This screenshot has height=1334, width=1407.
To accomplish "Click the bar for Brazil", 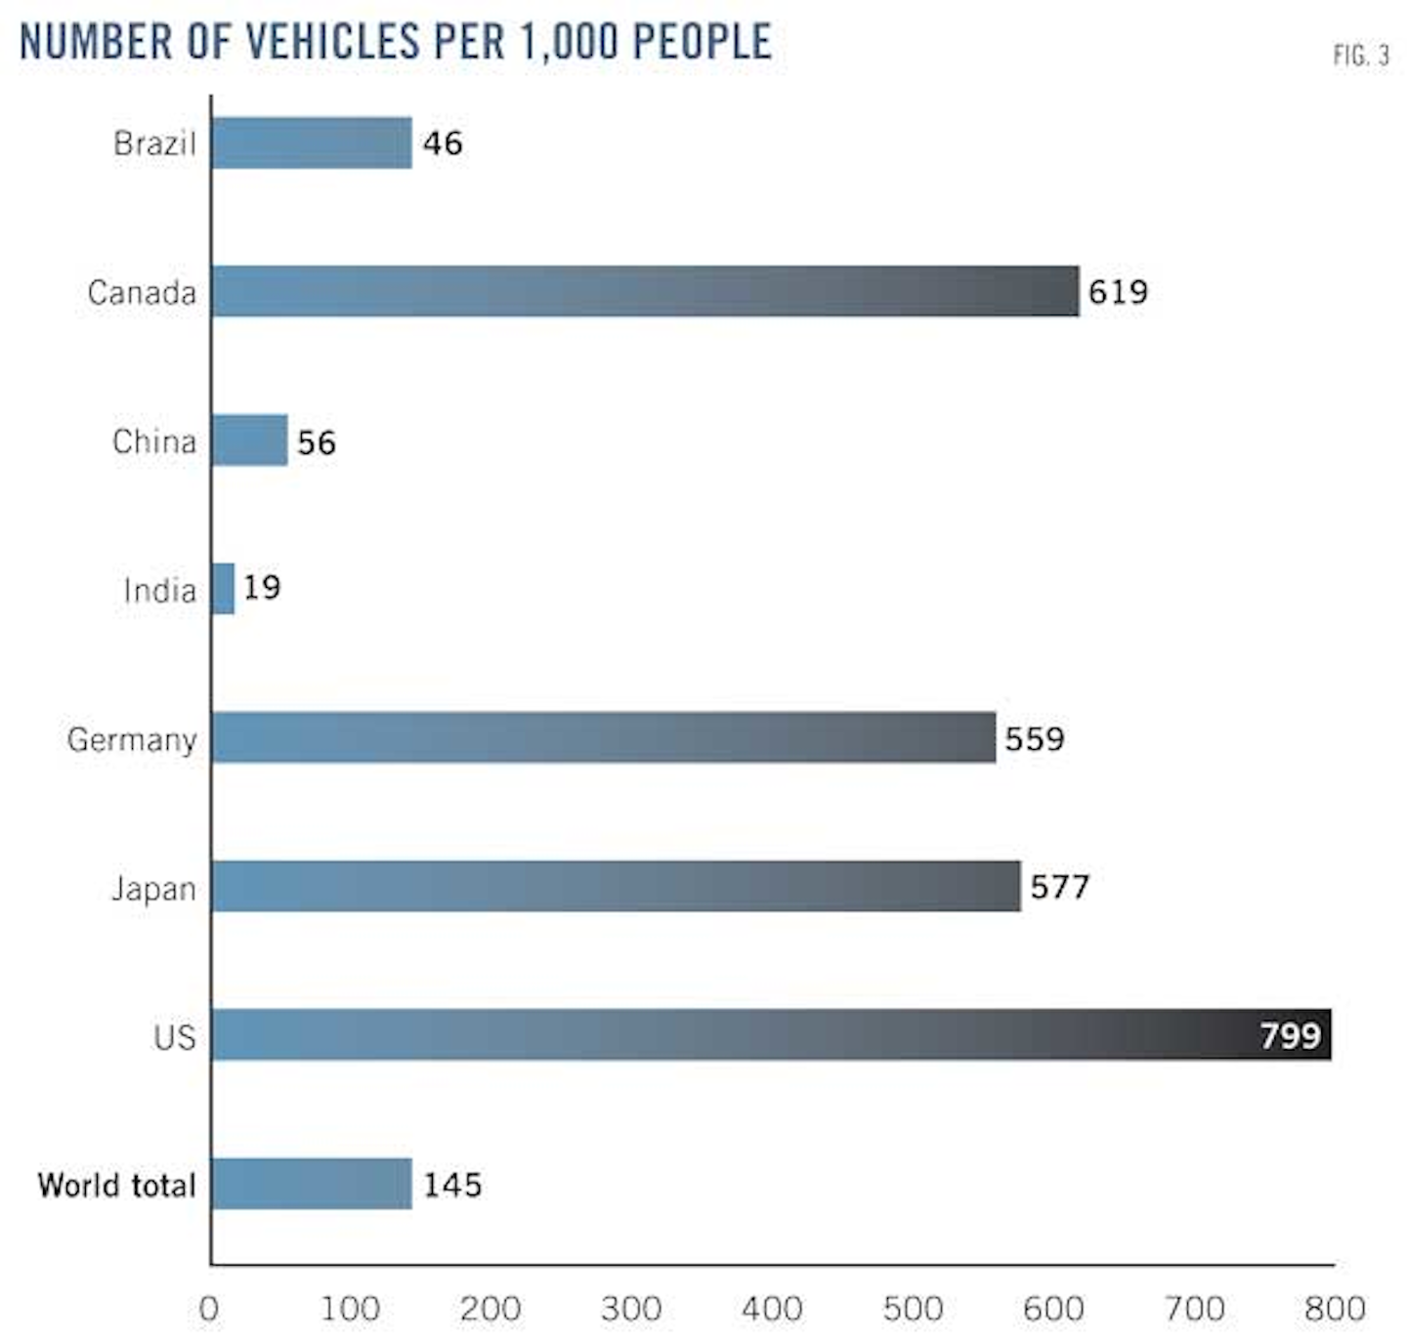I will tap(312, 144).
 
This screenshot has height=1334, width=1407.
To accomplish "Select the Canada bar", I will tap(645, 291).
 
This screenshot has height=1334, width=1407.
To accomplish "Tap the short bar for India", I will tap(224, 589).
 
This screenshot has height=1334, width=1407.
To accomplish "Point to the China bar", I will tap(250, 440).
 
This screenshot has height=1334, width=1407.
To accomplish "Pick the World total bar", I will tap(312, 1184).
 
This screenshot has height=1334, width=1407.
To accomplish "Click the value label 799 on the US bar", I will tap(1290, 1035).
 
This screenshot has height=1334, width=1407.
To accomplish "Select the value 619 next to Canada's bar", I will tap(1118, 292).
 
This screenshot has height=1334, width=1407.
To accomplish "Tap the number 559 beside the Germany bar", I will tap(1034, 738).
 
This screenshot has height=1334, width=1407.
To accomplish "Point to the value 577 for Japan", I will tap(1059, 887).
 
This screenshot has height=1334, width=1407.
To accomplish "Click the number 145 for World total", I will tap(452, 1185).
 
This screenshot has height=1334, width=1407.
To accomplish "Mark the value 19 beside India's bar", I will tap(262, 588).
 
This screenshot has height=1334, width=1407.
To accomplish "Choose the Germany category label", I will tap(132, 740).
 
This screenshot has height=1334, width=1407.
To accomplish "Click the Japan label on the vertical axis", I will tap(153, 890).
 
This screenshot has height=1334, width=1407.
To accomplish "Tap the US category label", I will tap(175, 1037).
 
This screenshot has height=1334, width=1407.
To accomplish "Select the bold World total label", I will tap(117, 1185).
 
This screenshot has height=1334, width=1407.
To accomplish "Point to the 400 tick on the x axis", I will tap(772, 1309).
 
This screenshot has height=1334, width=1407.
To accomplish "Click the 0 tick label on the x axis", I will tap(209, 1309).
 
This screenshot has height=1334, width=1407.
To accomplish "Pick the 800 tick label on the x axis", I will tap(1335, 1309).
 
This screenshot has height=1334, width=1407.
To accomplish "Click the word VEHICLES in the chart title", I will tap(332, 42).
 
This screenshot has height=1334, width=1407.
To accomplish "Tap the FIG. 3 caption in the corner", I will tap(1361, 56).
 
